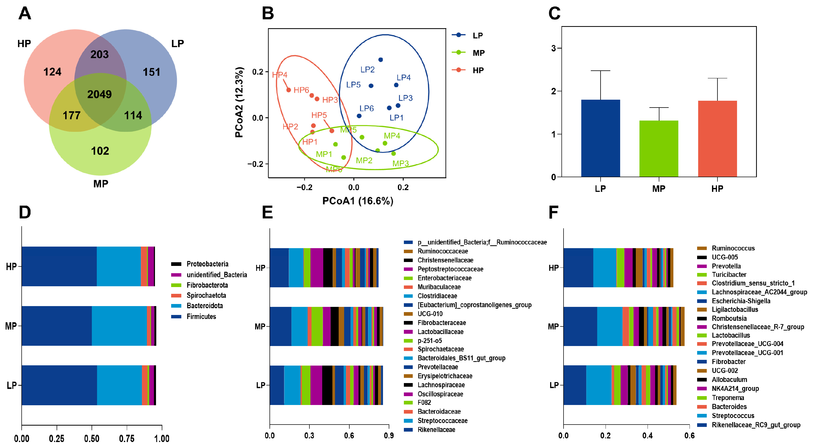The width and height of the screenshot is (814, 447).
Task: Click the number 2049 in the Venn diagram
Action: point(100,94)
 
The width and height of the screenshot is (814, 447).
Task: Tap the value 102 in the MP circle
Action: point(100,151)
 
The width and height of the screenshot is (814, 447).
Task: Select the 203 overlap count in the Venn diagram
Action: point(100,54)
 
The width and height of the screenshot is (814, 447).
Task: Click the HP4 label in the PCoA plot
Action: point(280,75)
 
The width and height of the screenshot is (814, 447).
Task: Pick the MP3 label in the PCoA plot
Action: point(400,163)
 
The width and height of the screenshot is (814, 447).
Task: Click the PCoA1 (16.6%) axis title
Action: point(357,201)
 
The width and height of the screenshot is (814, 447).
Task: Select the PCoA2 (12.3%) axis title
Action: point(239,102)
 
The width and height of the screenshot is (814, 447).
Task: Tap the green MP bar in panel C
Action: point(659,148)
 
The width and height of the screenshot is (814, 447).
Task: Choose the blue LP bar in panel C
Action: point(600,138)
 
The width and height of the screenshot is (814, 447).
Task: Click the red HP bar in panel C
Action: point(717,139)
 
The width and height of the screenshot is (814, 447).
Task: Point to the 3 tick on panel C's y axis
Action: point(553,48)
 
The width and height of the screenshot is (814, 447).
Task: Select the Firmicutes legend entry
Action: point(201,317)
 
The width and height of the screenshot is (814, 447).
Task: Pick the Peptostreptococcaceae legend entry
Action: point(450,269)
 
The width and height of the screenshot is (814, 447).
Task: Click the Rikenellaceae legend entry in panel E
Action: point(436,430)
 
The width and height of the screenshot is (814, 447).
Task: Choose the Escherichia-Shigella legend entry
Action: point(741,301)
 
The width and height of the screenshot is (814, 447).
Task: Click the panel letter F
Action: point(553,212)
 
